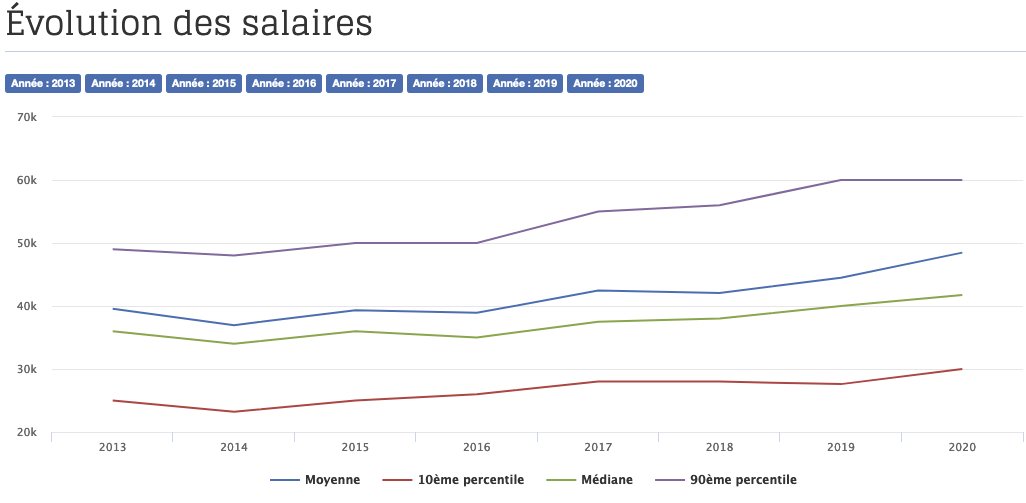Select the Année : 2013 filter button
point(43,84)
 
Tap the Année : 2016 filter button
point(284,84)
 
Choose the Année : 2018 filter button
point(445,84)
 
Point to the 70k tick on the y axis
point(27,117)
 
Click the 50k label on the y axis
point(27,243)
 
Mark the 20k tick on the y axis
point(27,432)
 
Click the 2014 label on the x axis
point(234,447)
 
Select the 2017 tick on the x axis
point(598,447)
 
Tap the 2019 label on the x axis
point(840,447)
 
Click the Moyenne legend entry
point(315,481)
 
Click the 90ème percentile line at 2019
point(840,180)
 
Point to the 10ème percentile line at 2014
point(234,411)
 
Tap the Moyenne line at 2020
point(961,253)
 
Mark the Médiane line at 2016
point(477,337)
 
